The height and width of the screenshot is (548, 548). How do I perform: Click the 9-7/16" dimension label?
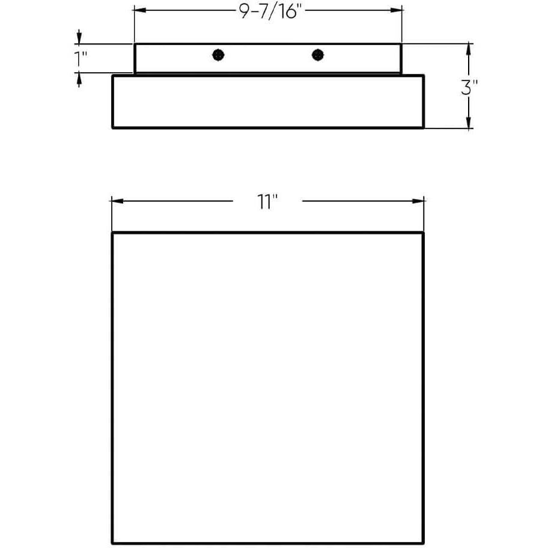(270, 12)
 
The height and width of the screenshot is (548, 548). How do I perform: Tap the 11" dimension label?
(267, 202)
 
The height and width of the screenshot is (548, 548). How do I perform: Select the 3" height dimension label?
(469, 87)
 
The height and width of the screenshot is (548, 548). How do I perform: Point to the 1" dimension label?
(81, 58)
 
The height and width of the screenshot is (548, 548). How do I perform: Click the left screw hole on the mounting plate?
(219, 55)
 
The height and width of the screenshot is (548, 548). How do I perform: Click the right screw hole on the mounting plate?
(318, 55)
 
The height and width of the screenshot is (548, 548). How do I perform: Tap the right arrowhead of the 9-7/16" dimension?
(396, 10)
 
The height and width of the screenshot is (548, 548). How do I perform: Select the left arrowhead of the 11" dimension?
(117, 201)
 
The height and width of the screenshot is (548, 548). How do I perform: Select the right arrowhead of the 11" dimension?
(418, 201)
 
